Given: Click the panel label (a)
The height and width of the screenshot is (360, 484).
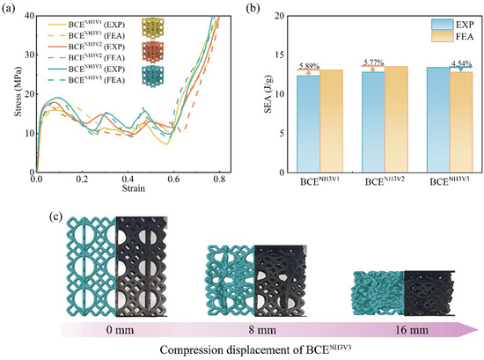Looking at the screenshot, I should (x=11, y=8).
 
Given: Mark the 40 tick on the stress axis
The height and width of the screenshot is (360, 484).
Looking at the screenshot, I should (x=26, y=17).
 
